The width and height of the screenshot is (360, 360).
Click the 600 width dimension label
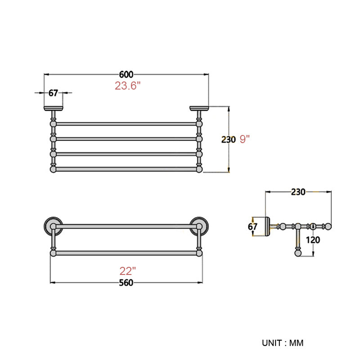[126, 74]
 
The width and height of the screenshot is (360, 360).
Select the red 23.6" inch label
[127, 85]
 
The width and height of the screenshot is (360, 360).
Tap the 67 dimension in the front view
[53, 93]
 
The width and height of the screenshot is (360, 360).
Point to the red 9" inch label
[244, 139]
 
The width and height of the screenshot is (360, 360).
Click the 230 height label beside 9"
[229, 139]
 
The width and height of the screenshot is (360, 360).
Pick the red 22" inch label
[128, 271]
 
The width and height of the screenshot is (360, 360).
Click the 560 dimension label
[126, 283]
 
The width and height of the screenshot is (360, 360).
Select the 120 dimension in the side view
[313, 240]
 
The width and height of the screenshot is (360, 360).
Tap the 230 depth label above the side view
[298, 192]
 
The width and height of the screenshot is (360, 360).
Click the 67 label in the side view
[252, 227]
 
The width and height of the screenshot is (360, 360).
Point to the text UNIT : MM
[283, 343]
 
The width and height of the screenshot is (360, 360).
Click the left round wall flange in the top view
[53, 226]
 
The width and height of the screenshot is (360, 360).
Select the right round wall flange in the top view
[199, 226]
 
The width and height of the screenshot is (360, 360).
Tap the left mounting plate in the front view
[53, 108]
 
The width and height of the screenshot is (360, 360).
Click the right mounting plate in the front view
[199, 108]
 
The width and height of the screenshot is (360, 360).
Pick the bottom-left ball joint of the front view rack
[53, 170]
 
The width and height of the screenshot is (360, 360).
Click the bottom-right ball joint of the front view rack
[199, 170]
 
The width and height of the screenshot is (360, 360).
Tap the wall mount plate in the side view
[268, 226]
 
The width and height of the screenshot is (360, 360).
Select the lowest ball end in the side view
[298, 253]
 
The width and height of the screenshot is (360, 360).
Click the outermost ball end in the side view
[328, 226]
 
